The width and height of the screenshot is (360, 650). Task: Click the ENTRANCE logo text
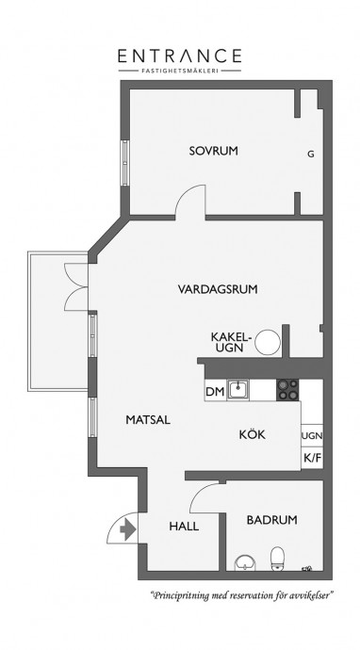180,56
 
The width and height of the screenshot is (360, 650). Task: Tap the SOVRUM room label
214,151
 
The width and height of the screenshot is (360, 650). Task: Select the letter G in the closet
311,154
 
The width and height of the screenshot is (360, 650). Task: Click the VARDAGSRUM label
218,289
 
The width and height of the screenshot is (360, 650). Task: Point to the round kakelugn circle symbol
268,342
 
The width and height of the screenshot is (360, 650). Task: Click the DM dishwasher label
215,392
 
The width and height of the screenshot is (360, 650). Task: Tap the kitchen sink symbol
237,390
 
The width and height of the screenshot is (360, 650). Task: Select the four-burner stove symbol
287,390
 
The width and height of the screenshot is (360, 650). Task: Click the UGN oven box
312,435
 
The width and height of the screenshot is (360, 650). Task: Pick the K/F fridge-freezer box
312,458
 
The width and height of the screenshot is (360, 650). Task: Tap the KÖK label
253,434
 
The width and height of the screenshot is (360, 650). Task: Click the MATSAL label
148,420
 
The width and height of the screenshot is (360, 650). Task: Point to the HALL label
184,527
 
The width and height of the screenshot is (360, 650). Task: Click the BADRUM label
272,520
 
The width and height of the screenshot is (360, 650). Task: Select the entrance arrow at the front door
128,530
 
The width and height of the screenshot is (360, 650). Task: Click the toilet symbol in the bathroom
277,559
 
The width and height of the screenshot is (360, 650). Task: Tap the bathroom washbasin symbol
246,563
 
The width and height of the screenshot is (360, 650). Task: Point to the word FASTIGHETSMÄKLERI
180,71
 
